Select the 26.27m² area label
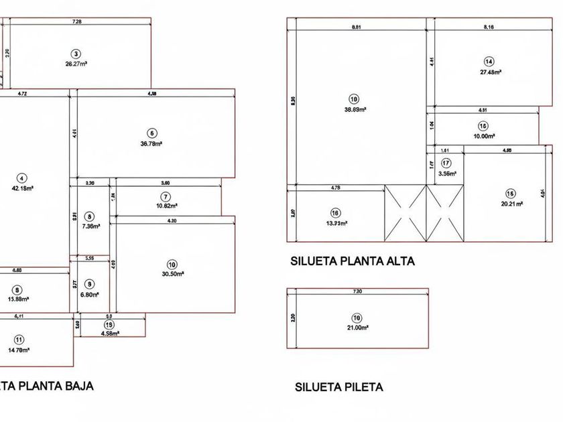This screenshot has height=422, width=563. (x=76, y=64)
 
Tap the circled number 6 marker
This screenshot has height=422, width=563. (x=153, y=133)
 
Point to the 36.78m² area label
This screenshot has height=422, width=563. (x=153, y=143)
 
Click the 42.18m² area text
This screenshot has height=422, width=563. (x=23, y=188)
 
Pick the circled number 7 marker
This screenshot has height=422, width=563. (x=166, y=196)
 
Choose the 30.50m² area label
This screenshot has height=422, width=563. (x=172, y=273)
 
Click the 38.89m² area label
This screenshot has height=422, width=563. (x=355, y=109)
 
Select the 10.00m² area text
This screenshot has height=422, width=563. (x=483, y=136)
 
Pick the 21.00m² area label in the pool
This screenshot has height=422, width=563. (x=357, y=328)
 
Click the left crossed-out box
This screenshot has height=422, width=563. (x=405, y=213)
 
